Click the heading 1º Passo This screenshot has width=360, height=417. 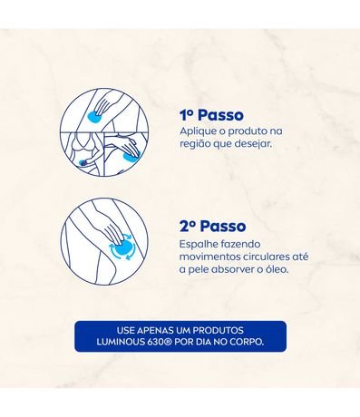tap(211, 115)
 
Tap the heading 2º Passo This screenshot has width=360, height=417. tap(212, 226)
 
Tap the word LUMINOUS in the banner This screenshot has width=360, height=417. tap(121, 342)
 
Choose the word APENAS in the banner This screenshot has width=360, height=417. tap(151, 330)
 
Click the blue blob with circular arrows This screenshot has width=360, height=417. tap(122, 247)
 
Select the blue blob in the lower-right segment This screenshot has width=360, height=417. tap(132, 156)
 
